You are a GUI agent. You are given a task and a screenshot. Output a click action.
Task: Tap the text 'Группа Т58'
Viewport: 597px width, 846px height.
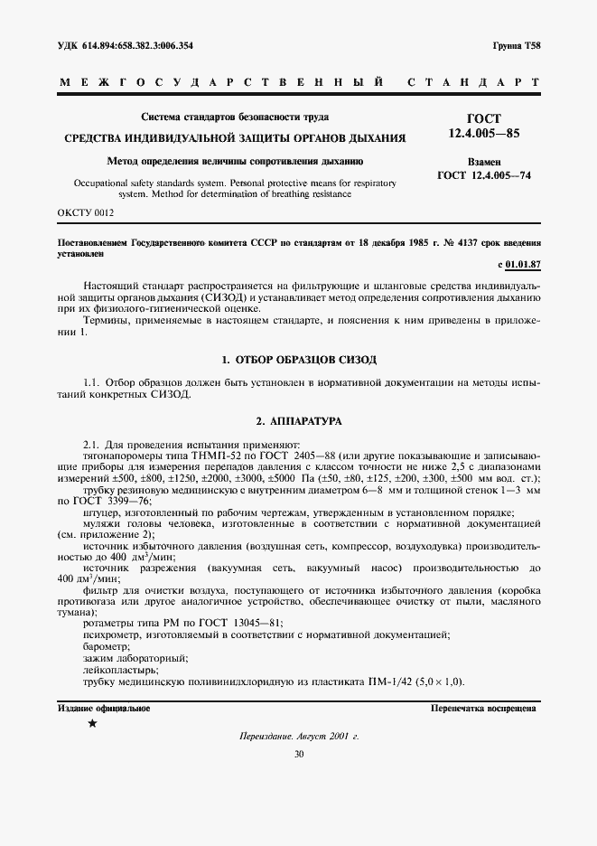point(518,45)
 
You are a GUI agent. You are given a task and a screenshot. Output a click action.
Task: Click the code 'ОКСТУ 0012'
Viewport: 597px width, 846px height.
point(86,212)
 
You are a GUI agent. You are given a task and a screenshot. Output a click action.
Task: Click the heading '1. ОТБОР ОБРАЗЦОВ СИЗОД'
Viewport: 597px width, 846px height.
point(298,360)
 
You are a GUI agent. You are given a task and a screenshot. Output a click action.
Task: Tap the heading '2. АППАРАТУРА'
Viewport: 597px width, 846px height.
point(298,422)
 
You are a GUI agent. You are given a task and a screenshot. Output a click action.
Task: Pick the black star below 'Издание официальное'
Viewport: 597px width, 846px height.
point(92,724)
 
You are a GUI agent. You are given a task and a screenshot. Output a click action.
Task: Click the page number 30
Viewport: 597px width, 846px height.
point(298,754)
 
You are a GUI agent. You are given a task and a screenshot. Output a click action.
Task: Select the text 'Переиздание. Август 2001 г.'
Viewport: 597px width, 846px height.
point(298,737)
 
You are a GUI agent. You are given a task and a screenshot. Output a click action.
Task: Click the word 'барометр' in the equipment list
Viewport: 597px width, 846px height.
point(106,647)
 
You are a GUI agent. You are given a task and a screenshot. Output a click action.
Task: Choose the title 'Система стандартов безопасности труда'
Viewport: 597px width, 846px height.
point(235,117)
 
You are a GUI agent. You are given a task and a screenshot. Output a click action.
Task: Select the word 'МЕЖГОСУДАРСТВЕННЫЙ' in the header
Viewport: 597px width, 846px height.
point(213,83)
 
